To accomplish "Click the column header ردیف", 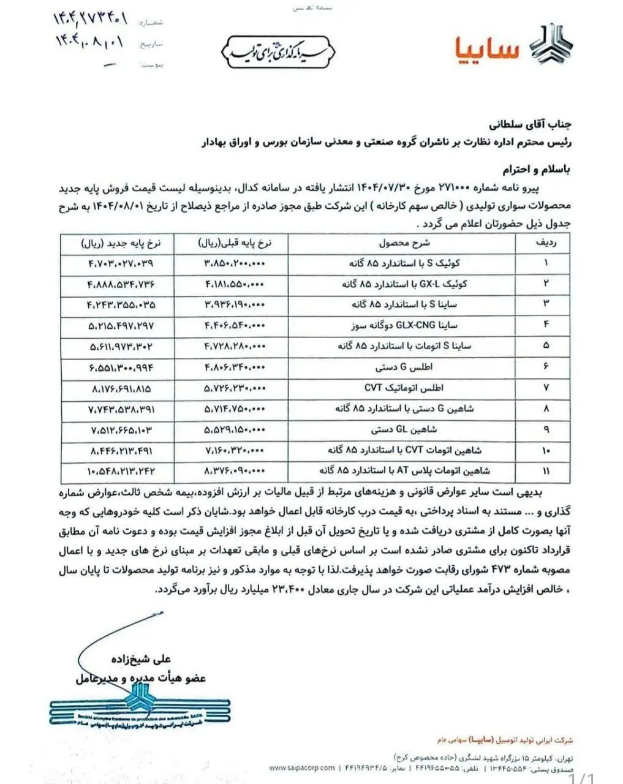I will click(545, 243).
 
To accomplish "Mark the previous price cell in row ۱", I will click(233, 263).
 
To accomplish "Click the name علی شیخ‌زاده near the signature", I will click(141, 659).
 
